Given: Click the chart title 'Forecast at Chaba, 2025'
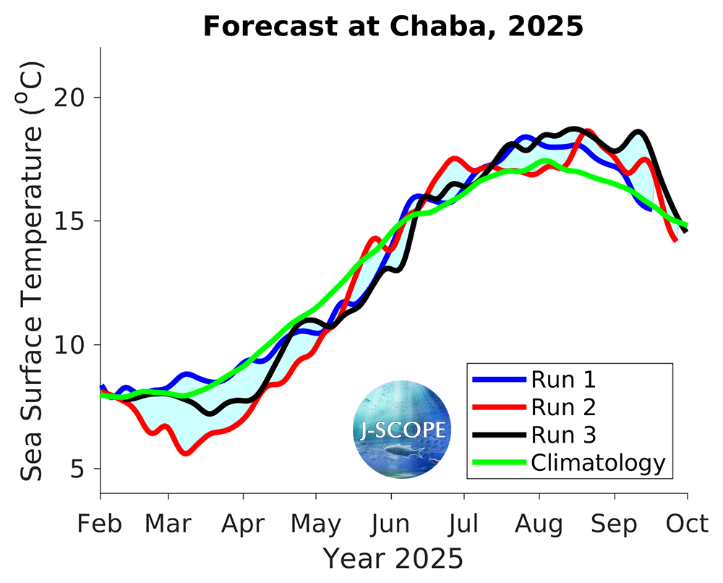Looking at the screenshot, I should (393, 27).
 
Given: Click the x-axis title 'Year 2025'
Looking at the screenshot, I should (393, 558).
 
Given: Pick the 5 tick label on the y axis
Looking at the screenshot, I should (82, 469).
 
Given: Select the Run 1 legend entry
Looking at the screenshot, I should (563, 379).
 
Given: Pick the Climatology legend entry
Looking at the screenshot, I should (597, 462).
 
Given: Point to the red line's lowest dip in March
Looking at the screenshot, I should (187, 454).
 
